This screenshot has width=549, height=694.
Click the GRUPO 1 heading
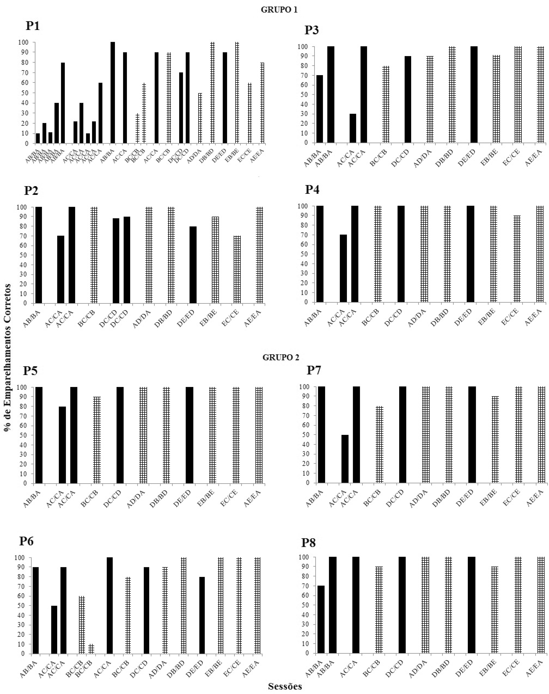[279, 10]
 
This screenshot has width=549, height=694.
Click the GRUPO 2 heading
[281, 358]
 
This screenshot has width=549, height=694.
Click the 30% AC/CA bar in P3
[353, 128]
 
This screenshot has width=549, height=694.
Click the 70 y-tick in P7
[307, 415]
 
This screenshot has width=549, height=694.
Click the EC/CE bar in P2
[237, 269]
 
